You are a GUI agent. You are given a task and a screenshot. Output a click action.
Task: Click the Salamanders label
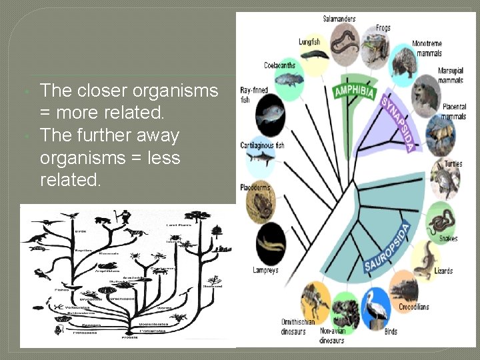coord(339,19)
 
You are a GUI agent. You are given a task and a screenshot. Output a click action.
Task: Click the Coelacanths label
coord(279,65)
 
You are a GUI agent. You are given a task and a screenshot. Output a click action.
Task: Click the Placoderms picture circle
coord(261,201)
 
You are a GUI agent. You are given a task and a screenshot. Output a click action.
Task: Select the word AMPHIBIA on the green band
coord(354,91)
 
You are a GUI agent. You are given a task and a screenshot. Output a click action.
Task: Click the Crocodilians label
coord(413,307)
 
